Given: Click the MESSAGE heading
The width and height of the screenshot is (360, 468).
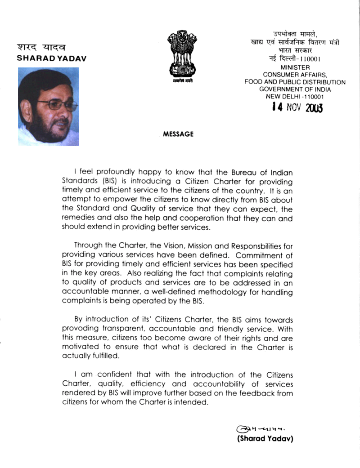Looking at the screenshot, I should pos(178,134).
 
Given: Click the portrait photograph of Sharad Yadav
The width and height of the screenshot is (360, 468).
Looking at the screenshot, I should pos(48,107).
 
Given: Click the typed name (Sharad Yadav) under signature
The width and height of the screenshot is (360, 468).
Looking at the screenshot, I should pos(265,439).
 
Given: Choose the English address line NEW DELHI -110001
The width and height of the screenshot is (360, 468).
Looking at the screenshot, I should pos(295,96).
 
